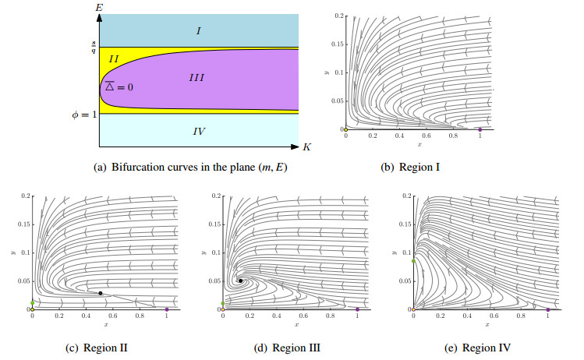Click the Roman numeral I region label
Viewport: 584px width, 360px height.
pyautogui.click(x=199, y=30)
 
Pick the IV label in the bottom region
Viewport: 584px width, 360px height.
pyautogui.click(x=198, y=132)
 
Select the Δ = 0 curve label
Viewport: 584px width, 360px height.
pyautogui.click(x=119, y=86)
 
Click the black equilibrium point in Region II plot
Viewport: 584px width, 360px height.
pyautogui.click(x=100, y=293)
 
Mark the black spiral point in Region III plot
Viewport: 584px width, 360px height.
pyautogui.click(x=240, y=281)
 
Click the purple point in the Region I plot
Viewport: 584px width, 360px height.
pyautogui.click(x=480, y=129)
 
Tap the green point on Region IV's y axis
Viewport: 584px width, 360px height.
pyautogui.click(x=413, y=262)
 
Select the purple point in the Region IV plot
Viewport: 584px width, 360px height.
pyautogui.click(x=548, y=309)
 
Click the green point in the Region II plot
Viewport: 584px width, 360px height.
pyautogui.click(x=32, y=302)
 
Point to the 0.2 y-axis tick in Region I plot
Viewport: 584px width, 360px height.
pyautogui.click(x=338, y=16)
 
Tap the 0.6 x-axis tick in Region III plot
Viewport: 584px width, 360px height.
pyautogui.click(x=303, y=317)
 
